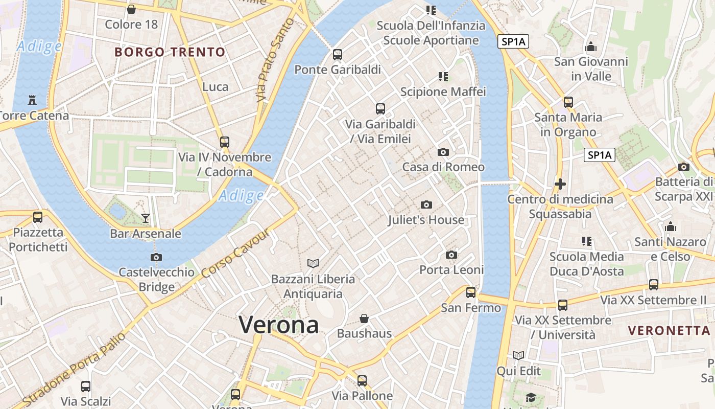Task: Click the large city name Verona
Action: pyautogui.click(x=279, y=325)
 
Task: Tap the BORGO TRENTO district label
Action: pyautogui.click(x=170, y=52)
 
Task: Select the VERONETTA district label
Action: pyautogui.click(x=670, y=330)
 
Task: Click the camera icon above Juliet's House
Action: pyautogui.click(x=426, y=205)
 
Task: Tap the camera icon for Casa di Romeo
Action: pyautogui.click(x=443, y=152)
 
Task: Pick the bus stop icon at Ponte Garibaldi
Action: pyautogui.click(x=338, y=55)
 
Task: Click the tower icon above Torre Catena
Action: pyautogui.click(x=32, y=100)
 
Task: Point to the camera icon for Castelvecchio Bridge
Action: pyautogui.click(x=156, y=257)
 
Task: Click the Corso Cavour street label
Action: pyautogui.click(x=235, y=255)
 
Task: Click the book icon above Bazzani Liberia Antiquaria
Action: pyautogui.click(x=313, y=263)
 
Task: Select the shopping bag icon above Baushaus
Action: pyautogui.click(x=364, y=319)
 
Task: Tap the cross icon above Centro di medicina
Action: pyautogui.click(x=560, y=184)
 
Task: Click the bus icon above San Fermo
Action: pyautogui.click(x=471, y=292)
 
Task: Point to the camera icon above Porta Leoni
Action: pyautogui.click(x=451, y=255)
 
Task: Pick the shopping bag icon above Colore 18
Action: pyautogui.click(x=131, y=9)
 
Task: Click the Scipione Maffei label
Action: pyautogui.click(x=443, y=92)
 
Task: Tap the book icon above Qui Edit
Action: pyautogui.click(x=518, y=355)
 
